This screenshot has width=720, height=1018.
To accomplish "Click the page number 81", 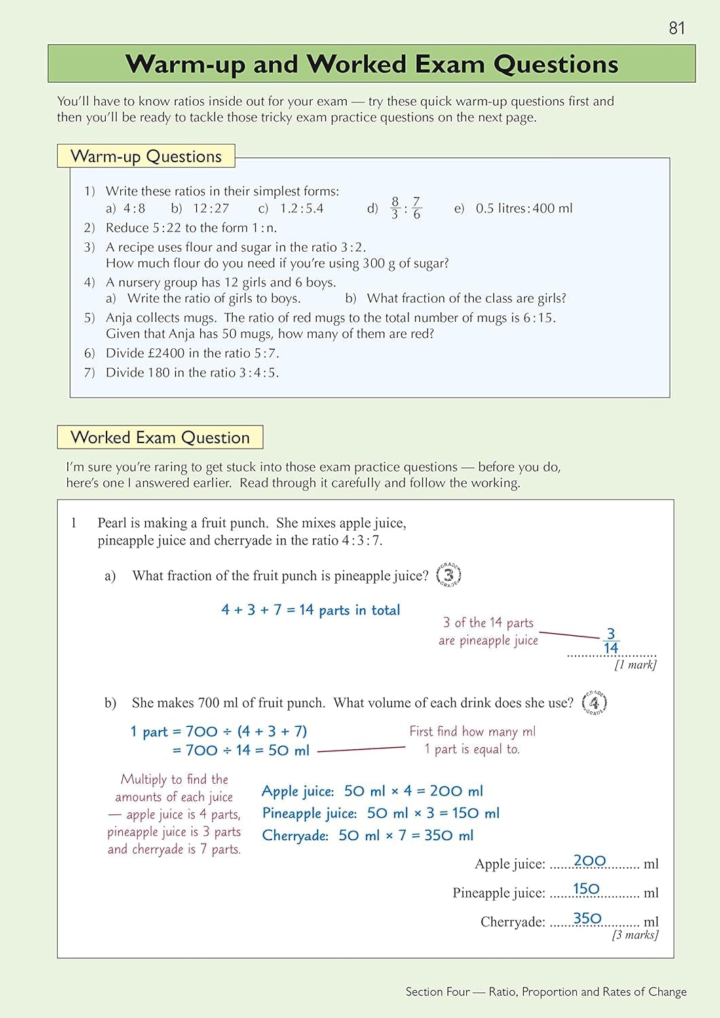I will click(x=677, y=28).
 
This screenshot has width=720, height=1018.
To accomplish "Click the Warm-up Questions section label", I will click(x=146, y=156).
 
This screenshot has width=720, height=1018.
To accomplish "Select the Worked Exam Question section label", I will click(x=160, y=438).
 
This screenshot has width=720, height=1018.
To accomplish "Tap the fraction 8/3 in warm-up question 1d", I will click(x=395, y=208).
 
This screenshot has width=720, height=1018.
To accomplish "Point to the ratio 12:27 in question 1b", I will click(x=211, y=208).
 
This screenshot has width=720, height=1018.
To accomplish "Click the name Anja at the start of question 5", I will click(x=119, y=318).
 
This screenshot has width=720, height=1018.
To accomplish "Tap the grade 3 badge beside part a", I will click(x=449, y=575).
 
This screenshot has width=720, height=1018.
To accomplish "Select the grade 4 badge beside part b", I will click(x=594, y=702).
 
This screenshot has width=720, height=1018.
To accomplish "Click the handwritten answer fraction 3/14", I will click(x=611, y=641).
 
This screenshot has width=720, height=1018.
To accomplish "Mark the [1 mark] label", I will click(x=635, y=665).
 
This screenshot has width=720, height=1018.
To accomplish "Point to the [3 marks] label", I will click(x=634, y=935).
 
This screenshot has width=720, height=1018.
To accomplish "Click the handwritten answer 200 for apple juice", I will click(x=589, y=861).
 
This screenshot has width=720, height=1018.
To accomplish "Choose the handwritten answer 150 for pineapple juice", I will click(x=586, y=889).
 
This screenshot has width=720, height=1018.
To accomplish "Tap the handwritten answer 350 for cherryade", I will click(x=587, y=918).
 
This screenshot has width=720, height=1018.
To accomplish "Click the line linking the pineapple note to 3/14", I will click(x=570, y=635).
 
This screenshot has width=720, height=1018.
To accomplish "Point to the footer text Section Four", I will click(x=437, y=992).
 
